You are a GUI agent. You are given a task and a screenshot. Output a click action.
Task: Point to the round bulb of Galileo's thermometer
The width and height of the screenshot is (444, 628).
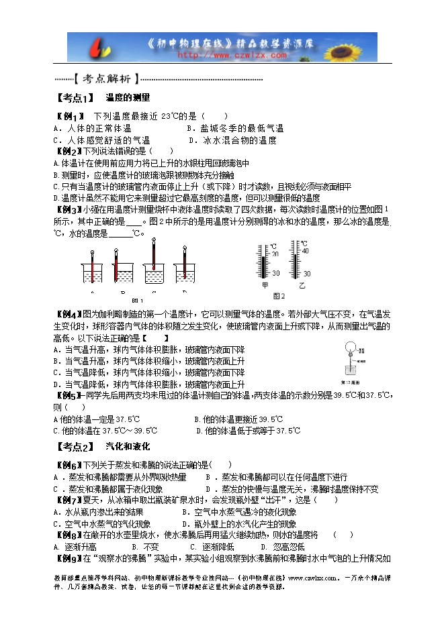pos(349,348)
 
